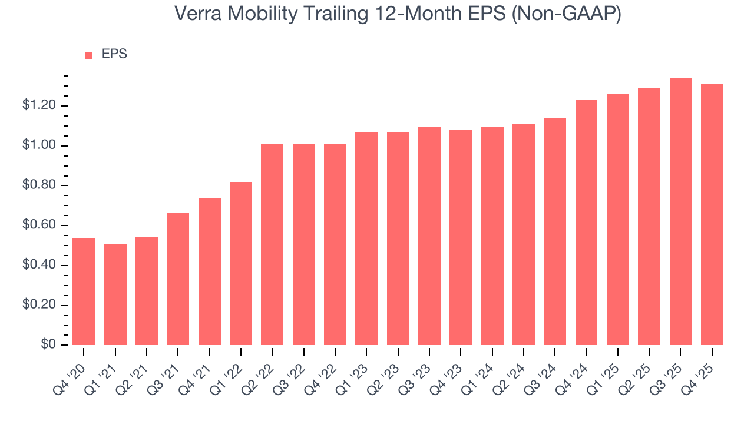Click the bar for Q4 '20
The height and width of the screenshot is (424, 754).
(84, 291)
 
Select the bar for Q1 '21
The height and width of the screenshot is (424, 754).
(115, 294)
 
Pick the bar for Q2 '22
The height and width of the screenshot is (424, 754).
(272, 244)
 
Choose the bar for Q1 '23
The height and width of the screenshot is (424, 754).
(366, 238)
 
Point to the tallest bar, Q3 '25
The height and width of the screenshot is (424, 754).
(680, 212)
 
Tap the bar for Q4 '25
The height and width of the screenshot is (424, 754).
(712, 215)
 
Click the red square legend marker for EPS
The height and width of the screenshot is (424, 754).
(88, 55)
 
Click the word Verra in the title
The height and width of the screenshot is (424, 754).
(198, 14)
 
